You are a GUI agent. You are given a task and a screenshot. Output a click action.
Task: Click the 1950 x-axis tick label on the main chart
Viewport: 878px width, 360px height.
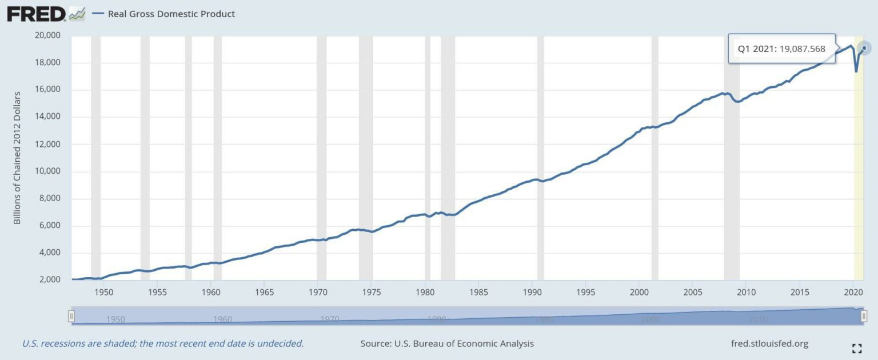coord(103,291)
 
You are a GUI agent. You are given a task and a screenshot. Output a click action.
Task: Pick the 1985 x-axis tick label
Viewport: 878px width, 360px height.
coord(478,291)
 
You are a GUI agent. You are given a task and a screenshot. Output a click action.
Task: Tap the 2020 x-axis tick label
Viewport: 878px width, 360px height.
coord(853,291)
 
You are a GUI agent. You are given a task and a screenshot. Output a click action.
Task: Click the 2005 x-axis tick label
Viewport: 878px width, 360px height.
coord(692,291)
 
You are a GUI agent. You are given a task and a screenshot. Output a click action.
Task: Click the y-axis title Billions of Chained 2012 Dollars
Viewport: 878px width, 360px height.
coord(17,157)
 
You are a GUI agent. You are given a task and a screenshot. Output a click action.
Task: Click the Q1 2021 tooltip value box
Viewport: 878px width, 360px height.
coord(781,49)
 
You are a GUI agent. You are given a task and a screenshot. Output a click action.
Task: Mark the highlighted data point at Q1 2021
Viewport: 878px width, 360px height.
coord(864,48)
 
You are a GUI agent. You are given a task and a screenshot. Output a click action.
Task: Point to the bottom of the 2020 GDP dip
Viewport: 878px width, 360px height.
coord(856,71)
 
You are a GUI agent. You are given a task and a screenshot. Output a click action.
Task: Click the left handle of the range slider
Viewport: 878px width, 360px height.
coord(71,315)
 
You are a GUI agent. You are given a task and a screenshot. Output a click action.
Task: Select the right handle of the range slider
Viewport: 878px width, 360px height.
coord(864,315)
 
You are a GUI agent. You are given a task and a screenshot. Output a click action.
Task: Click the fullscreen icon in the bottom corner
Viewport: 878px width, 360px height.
coord(856,349)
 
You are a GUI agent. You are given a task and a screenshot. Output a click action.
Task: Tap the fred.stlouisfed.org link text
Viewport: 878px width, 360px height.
coord(769,343)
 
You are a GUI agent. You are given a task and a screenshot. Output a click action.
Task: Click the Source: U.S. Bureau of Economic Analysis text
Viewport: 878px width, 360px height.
coord(447,343)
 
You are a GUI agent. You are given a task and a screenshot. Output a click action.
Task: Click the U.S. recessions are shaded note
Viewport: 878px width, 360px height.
coord(163,343)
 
